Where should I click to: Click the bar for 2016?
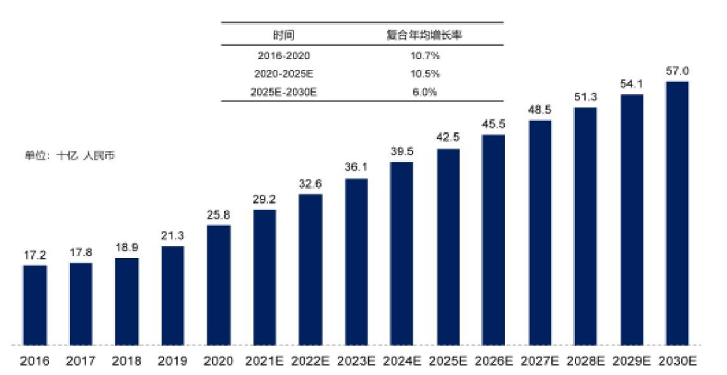click(x=35, y=303)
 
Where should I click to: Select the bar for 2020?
click(x=219, y=283)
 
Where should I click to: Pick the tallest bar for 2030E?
click(x=677, y=212)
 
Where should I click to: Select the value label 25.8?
click(x=219, y=214)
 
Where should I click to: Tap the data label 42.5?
click(x=448, y=138)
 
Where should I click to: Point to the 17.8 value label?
click(x=81, y=252)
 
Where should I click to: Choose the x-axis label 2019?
click(x=172, y=362)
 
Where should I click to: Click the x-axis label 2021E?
click(x=265, y=362)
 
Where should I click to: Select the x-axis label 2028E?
click(x=586, y=362)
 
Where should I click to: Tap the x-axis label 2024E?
click(x=402, y=362)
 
